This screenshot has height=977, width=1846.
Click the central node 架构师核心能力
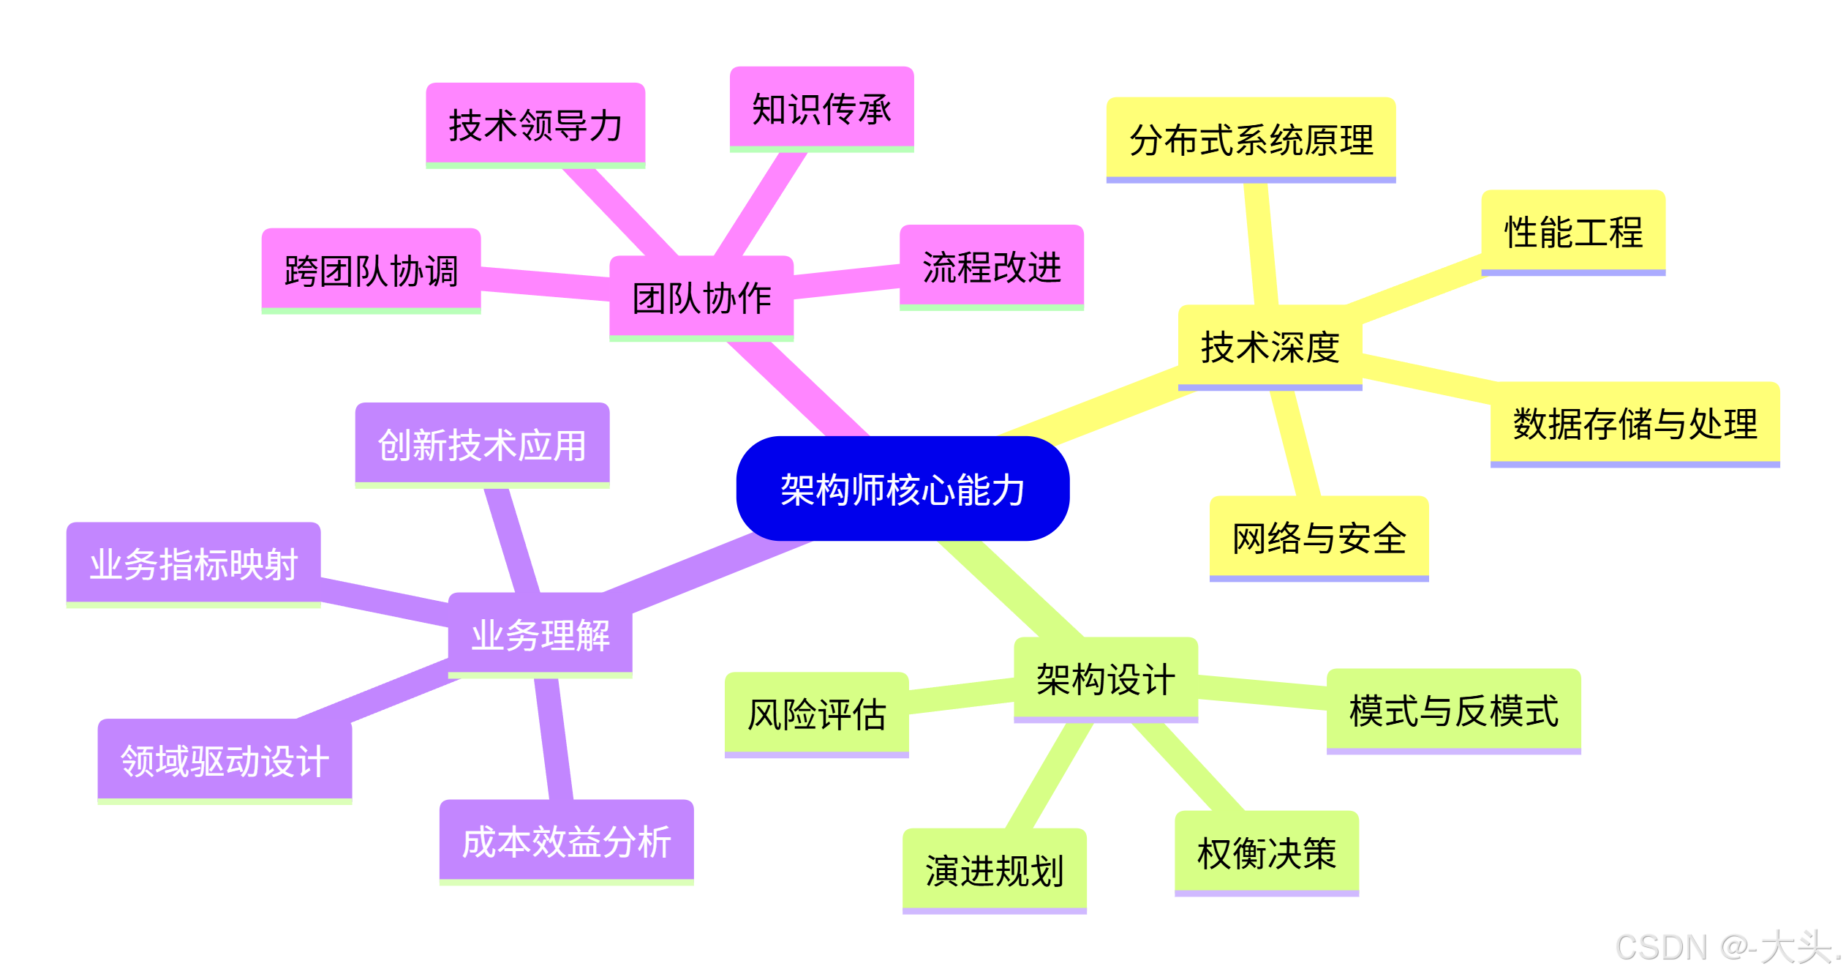click(903, 489)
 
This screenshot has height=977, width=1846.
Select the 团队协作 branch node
click(701, 297)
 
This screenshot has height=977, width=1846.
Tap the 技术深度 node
click(1270, 346)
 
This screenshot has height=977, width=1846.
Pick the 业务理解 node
click(540, 634)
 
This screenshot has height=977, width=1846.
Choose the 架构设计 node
click(1105, 678)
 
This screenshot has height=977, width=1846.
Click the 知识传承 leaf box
click(821, 108)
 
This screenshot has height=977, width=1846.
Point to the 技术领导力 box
click(535, 124)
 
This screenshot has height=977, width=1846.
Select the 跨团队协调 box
click(371, 270)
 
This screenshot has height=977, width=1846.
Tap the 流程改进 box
click(991, 266)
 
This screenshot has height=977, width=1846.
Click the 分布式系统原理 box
click(1251, 139)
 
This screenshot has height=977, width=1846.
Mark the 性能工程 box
click(1572, 231)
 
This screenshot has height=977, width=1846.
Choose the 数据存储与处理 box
click(1635, 423)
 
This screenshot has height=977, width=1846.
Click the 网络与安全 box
click(1319, 538)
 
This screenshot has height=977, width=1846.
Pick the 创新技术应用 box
click(482, 444)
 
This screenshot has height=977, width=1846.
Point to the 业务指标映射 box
click(193, 564)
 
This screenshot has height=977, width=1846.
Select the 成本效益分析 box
click(566, 841)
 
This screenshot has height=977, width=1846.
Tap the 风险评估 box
click(816, 714)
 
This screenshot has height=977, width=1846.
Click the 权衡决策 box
click(1266, 853)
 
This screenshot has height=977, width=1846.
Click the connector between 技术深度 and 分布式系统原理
click(1261, 245)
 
